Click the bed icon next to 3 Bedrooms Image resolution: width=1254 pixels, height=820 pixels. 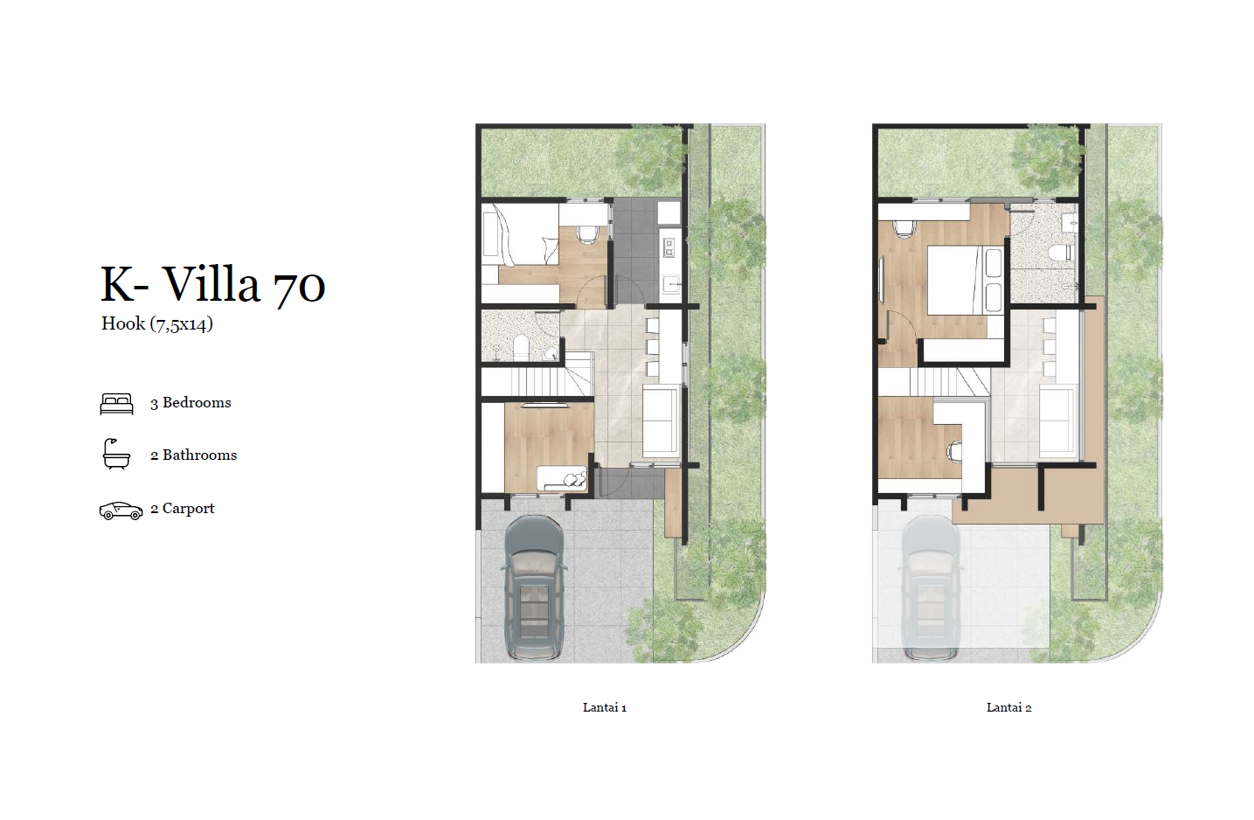click(x=116, y=403)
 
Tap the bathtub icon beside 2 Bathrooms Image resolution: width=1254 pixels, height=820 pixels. click(x=116, y=454)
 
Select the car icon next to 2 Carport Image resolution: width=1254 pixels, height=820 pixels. click(x=121, y=511)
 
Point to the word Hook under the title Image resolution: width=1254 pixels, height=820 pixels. click(x=123, y=323)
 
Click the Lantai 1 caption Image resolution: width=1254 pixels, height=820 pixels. click(x=605, y=707)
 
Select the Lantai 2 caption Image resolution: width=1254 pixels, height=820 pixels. click(x=1008, y=707)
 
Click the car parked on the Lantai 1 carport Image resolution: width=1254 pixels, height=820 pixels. click(x=534, y=587)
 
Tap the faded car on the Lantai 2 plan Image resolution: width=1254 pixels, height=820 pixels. click(x=931, y=587)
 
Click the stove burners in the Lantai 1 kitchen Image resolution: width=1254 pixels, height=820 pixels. click(x=669, y=247)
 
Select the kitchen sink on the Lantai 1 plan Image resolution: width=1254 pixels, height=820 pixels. click(x=671, y=284)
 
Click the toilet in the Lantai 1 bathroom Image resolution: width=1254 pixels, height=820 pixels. click(x=521, y=347)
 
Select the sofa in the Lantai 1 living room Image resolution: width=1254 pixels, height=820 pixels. click(x=662, y=421)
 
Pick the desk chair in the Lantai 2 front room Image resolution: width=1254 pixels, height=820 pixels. click(x=954, y=451)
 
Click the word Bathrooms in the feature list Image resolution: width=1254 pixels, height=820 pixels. click(x=200, y=455)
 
